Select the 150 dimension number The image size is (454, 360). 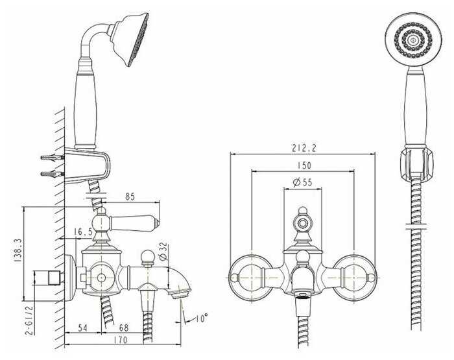pos(303,166)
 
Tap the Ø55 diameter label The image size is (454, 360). pos(303,183)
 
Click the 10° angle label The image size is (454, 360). pos(201,318)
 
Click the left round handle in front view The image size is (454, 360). pos(251,277)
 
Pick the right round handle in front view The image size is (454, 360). pos(354,277)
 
